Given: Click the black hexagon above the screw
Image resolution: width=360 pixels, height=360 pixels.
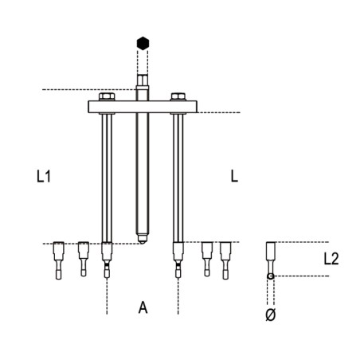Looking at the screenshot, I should [x=142, y=43].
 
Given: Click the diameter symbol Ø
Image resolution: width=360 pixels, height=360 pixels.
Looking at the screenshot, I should [x=270, y=315].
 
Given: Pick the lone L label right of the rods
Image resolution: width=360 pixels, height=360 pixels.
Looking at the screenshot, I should [x=233, y=177].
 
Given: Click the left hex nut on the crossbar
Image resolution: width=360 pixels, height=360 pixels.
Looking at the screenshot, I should [x=106, y=99].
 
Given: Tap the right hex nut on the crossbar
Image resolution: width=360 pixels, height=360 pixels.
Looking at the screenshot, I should [x=176, y=99].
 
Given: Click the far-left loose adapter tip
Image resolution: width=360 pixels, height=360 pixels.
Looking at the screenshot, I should [x=57, y=259].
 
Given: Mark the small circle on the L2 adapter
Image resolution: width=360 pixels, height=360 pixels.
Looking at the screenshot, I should [x=271, y=276].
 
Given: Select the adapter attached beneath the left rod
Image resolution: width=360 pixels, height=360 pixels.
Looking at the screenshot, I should [x=106, y=260].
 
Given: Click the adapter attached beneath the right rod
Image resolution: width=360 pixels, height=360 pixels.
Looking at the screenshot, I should [x=176, y=260].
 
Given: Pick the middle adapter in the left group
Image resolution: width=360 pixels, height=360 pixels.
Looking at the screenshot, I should [x=83, y=259].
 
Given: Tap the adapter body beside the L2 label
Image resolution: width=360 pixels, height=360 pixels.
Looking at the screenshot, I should [x=271, y=255].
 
